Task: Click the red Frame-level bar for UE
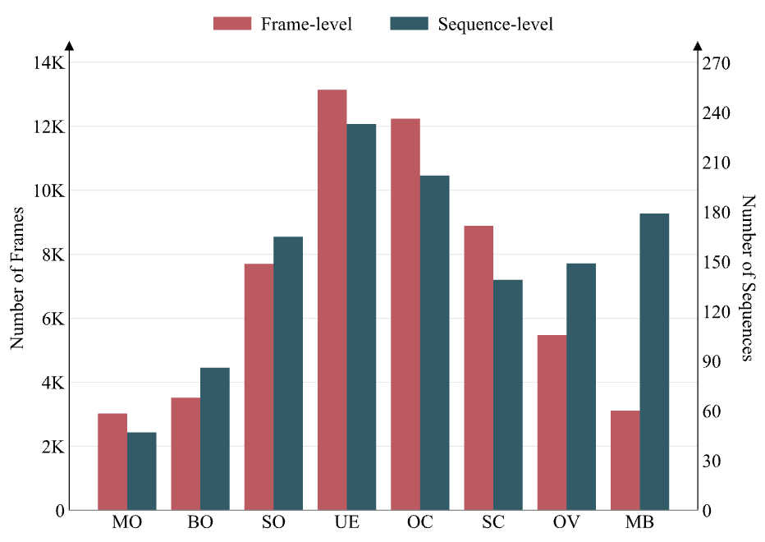click(332, 300)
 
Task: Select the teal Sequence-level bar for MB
click(654, 361)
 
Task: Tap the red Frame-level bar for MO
click(112, 462)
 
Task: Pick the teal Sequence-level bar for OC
click(434, 342)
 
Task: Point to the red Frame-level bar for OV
click(552, 422)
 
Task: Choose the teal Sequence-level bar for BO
click(214, 439)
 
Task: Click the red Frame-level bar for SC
click(479, 368)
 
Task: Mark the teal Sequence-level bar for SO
click(287, 373)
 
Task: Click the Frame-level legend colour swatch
click(232, 23)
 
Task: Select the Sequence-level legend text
click(495, 24)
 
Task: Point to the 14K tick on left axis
click(49, 63)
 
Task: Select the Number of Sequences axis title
click(747, 278)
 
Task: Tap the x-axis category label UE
click(346, 523)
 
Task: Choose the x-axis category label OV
click(566, 523)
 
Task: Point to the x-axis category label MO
click(126, 523)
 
